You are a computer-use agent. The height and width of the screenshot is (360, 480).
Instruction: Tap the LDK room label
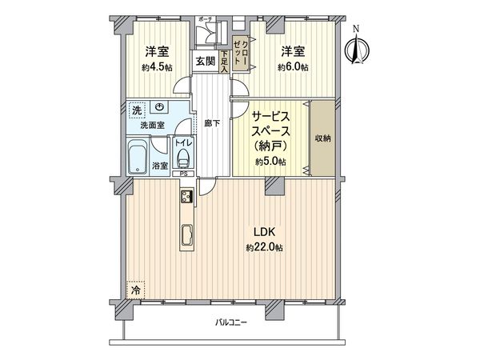[265, 232]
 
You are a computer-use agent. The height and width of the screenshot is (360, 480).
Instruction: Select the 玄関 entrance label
[204, 62]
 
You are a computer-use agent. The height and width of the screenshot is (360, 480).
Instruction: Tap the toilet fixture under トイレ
[184, 157]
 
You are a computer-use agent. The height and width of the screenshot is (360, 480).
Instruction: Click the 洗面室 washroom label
[152, 125]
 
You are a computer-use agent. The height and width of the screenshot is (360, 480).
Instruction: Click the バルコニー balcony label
[231, 323]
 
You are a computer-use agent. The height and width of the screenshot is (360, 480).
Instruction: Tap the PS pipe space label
[183, 174]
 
